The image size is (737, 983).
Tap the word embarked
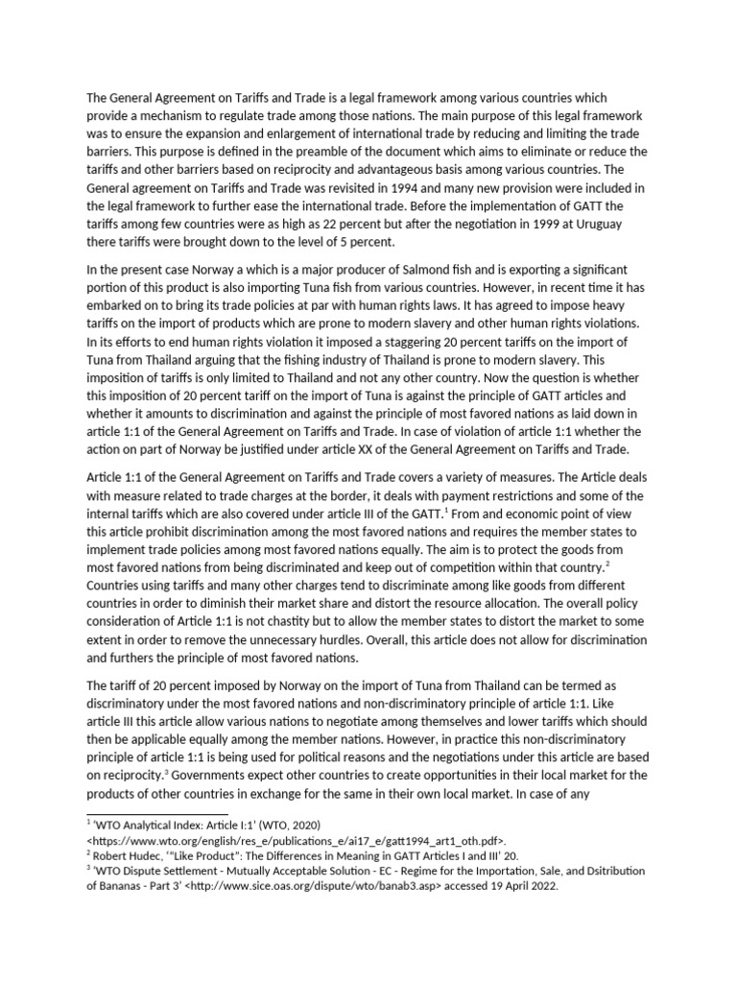point(119,314)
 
